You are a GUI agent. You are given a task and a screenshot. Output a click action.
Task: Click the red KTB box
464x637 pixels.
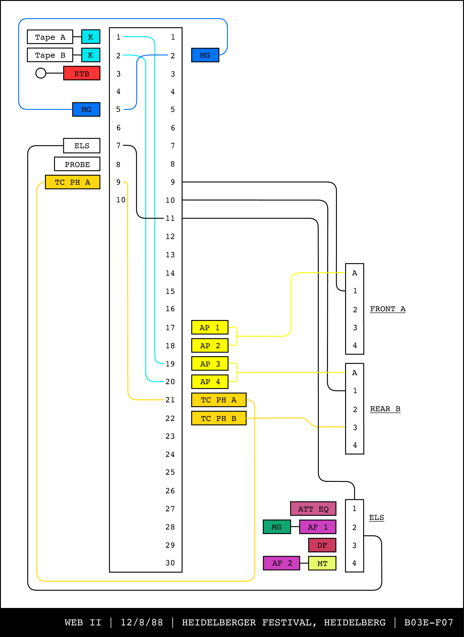[81, 73]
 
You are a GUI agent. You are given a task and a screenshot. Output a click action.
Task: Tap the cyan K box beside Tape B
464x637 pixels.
[91, 55]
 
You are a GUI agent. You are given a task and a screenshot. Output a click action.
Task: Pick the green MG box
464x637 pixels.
[276, 527]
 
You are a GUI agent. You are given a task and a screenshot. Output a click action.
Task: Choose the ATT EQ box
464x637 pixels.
[313, 509]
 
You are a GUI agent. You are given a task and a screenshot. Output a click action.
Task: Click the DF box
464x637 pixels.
[322, 545]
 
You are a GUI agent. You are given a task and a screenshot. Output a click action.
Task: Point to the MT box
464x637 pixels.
[322, 563]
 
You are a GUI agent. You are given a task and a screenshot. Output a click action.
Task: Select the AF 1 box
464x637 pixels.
[318, 527]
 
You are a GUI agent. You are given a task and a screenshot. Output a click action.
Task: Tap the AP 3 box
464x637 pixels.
[210, 364]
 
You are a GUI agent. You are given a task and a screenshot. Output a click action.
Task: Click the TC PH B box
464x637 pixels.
[219, 418]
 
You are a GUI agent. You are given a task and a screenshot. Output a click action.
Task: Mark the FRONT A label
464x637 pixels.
[388, 309]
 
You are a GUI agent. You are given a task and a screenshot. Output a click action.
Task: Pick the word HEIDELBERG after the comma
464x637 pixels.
[355, 622]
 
